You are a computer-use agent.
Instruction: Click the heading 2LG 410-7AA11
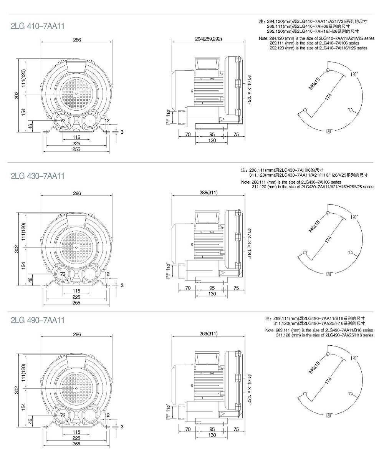[38, 26]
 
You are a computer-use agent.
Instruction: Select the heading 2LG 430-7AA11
[38, 176]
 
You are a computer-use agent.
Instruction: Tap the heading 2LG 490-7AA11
[38, 320]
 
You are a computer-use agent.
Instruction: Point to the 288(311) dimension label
[209, 192]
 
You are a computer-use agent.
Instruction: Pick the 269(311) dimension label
[209, 333]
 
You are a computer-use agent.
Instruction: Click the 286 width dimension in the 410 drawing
[77, 40]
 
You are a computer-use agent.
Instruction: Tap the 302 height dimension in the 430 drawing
[17, 249]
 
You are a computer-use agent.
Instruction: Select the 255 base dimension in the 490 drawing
[76, 443]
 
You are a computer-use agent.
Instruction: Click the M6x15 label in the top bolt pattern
[314, 84]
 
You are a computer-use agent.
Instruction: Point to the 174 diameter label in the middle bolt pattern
[328, 240]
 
